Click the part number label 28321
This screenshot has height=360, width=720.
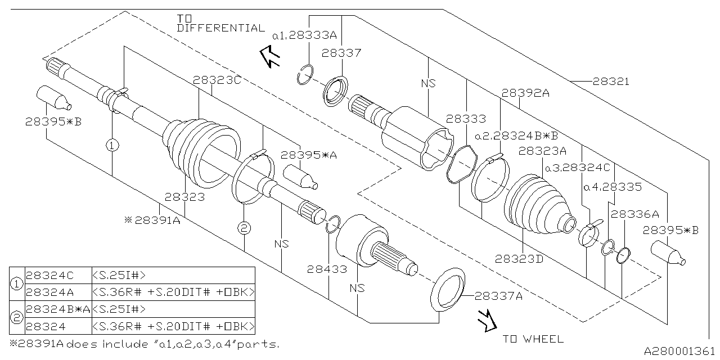click(611, 82)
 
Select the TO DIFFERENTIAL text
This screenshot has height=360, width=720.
click(221, 24)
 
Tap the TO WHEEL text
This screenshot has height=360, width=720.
click(533, 339)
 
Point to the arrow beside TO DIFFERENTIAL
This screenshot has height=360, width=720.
click(269, 57)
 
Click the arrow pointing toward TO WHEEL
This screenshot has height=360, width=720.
click(487, 321)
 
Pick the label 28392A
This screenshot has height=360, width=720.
click(525, 93)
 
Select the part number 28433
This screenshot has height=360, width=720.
click(327, 269)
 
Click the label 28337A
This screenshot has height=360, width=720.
click(498, 296)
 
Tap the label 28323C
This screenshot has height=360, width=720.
click(217, 80)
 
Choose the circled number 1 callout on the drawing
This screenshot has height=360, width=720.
click(112, 145)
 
